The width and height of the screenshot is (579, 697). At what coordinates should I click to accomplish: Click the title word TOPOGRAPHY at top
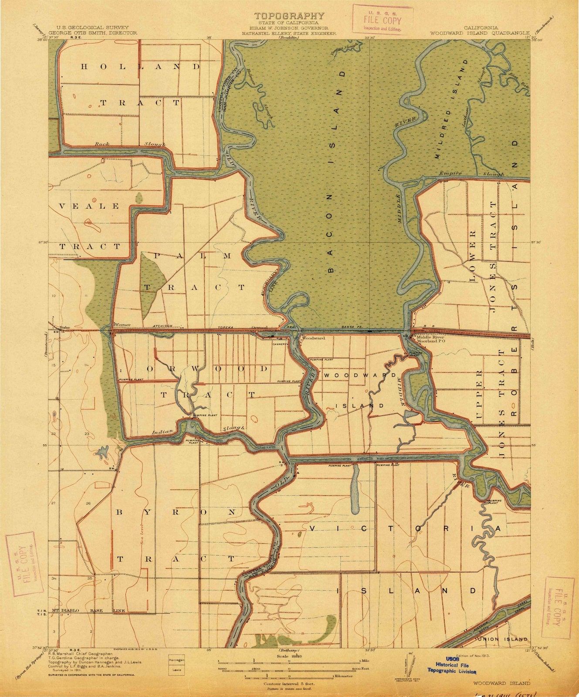click(x=289, y=16)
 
